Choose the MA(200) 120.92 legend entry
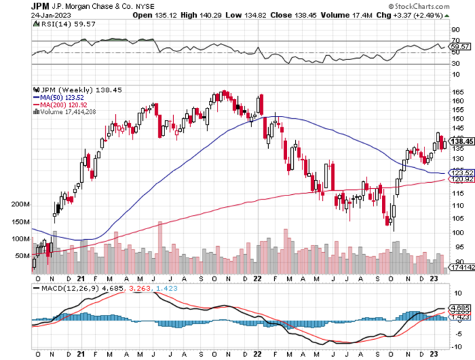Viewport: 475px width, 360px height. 64,104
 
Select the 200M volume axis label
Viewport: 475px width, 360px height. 20,204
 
